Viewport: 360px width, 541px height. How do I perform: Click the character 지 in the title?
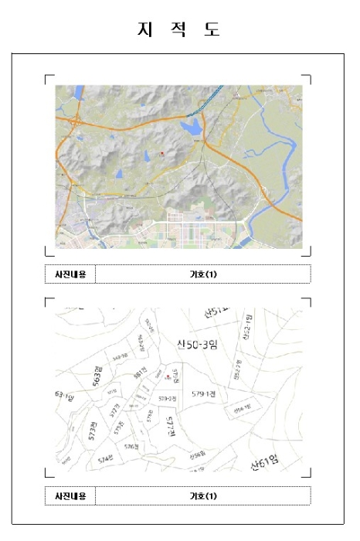(x=143, y=29)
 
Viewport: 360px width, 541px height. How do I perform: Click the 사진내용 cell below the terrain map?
(x=70, y=274)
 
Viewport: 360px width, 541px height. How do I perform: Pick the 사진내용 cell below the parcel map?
(x=70, y=495)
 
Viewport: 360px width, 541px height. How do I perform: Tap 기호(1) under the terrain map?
(x=203, y=274)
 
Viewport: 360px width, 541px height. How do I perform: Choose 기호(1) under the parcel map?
(x=203, y=495)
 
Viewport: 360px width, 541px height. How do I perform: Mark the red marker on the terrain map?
(x=161, y=154)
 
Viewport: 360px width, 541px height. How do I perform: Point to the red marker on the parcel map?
(x=168, y=377)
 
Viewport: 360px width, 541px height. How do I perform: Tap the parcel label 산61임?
(x=265, y=463)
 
